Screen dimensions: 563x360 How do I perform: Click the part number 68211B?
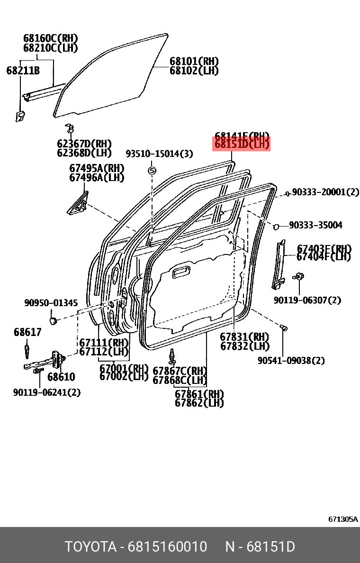tap(23, 71)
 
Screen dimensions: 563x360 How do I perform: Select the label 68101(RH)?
tap(194, 62)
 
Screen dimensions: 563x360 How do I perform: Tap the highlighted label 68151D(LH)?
tap(242, 145)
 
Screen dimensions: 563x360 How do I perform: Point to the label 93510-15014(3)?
tap(159, 154)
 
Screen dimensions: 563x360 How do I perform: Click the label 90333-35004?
tap(315, 225)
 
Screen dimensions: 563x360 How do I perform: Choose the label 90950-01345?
tap(51, 303)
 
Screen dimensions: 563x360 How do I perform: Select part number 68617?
tap(27, 332)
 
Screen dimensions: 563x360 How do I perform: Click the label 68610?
tap(61, 377)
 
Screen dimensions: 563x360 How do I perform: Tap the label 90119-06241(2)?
tap(47, 392)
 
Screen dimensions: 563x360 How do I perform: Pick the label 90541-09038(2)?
tap(291, 361)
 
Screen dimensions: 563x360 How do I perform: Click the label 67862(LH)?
tap(199, 403)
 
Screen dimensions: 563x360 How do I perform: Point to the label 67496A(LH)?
tap(97, 177)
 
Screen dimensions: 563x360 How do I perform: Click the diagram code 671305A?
tap(343, 519)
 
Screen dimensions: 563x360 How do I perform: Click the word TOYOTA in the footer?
tap(90, 547)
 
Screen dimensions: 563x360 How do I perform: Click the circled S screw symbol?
tap(152, 171)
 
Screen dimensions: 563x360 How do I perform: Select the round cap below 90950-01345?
tap(54, 321)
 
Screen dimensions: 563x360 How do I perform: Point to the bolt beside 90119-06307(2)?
tap(299, 276)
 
